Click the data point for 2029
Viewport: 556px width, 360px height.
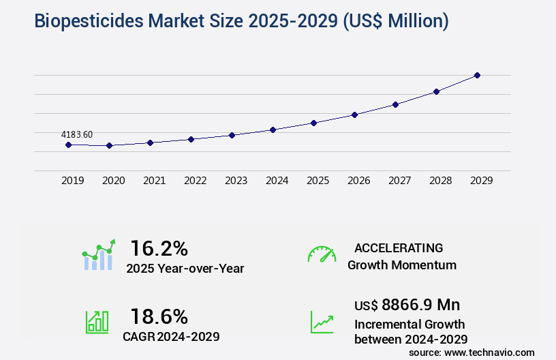click(x=477, y=75)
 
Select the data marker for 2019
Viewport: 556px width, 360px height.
click(x=68, y=145)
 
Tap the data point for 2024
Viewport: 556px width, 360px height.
click(x=273, y=130)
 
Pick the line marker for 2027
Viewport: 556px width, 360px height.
click(x=395, y=104)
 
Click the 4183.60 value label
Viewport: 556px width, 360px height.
click(x=76, y=135)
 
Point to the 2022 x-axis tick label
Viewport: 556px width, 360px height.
click(x=195, y=181)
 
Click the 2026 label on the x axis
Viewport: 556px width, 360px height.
click(x=358, y=181)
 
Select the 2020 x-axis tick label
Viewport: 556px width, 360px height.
click(x=113, y=181)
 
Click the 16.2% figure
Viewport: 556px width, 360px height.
click(x=159, y=248)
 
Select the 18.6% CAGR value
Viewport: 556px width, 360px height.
click(x=159, y=316)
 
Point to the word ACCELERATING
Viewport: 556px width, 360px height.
click(x=399, y=247)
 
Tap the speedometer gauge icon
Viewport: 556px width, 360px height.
click(x=322, y=254)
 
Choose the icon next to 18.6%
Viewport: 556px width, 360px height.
click(x=97, y=321)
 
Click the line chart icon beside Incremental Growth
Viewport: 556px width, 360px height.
click(x=322, y=322)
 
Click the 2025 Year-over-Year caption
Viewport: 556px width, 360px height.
click(x=185, y=269)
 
